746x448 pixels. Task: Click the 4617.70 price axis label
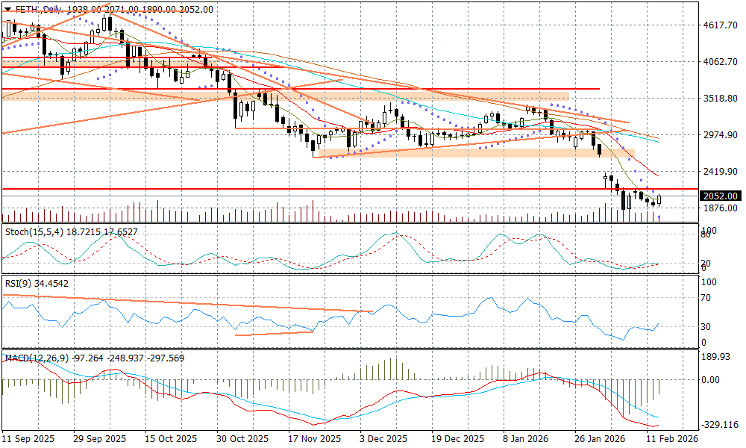(x=719, y=25)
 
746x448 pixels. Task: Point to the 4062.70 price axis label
(x=719, y=62)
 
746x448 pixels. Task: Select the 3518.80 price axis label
(x=719, y=99)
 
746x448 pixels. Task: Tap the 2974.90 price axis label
(x=719, y=135)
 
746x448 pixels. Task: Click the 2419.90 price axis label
(x=719, y=172)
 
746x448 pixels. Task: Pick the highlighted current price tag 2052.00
(x=720, y=196)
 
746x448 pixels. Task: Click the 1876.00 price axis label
(x=719, y=208)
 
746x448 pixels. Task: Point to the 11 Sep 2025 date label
(x=29, y=439)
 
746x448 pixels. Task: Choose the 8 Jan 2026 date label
(x=527, y=439)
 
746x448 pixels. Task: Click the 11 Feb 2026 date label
(x=671, y=439)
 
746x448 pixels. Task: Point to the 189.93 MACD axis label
(x=717, y=356)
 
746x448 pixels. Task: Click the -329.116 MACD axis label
(x=719, y=424)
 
